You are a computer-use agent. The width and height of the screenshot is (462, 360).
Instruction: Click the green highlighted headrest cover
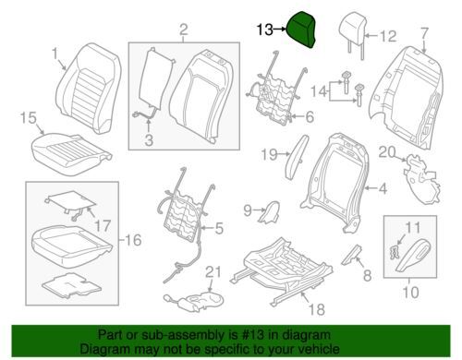(x=301, y=30)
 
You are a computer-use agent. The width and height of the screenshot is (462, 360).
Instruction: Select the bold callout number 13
(x=265, y=30)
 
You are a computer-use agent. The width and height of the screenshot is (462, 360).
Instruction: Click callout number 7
(x=424, y=33)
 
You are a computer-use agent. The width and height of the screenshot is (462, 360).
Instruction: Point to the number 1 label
(x=55, y=54)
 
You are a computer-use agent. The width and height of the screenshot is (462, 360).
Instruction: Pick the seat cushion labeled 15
(x=72, y=153)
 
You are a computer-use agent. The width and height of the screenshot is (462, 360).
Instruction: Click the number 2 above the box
(x=183, y=30)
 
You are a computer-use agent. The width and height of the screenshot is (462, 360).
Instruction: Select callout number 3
(x=149, y=140)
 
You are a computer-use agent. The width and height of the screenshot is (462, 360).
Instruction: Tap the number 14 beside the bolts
(x=318, y=91)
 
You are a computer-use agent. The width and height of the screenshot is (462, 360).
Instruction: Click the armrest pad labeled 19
(x=298, y=156)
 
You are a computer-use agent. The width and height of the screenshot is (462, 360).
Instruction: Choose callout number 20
(x=387, y=152)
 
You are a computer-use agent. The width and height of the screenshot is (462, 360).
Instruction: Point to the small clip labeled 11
(x=393, y=252)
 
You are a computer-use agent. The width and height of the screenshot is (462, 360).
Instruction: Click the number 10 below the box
(x=410, y=292)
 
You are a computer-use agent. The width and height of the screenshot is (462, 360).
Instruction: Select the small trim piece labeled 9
(x=269, y=212)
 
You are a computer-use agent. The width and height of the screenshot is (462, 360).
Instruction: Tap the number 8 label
(x=367, y=275)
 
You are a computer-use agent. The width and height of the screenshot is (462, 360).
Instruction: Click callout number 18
(x=317, y=309)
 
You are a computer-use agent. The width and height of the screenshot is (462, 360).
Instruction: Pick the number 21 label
(x=213, y=272)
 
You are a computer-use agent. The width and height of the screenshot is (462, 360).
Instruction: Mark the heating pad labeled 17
(x=71, y=204)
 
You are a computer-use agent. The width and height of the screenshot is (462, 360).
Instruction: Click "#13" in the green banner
(x=253, y=334)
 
